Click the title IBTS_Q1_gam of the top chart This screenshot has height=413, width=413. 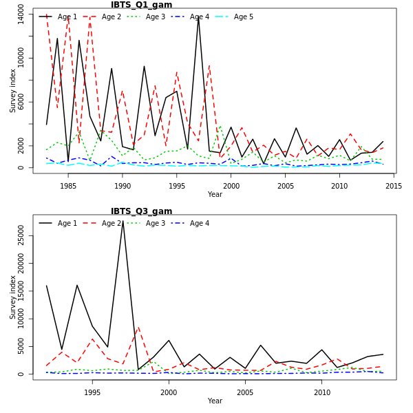[x=142, y=5]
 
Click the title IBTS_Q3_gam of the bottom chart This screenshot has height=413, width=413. [x=142, y=211]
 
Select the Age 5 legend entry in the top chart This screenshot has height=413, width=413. [x=243, y=17]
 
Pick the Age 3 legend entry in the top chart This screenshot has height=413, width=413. [x=155, y=17]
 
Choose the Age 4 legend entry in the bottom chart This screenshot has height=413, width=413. [x=199, y=223]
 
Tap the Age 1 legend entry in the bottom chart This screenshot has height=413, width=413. [x=67, y=223]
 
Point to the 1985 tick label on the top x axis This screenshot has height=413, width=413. [x=68, y=186]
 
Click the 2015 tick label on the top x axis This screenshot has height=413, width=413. [x=394, y=186]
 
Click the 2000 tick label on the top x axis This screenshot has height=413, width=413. [x=231, y=186]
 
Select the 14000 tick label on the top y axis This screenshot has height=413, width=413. [x=21, y=15]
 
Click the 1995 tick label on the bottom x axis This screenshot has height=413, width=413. [x=92, y=392]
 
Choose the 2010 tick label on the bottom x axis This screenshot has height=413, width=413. [x=321, y=392]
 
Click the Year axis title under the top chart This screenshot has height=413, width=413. [x=215, y=195]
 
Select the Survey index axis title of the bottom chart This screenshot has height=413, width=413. [x=12, y=297]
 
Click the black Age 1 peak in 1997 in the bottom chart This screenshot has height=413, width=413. [x=123, y=221]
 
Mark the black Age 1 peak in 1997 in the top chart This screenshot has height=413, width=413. [x=198, y=16]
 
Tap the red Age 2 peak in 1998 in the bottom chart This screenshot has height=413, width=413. [x=138, y=327]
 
